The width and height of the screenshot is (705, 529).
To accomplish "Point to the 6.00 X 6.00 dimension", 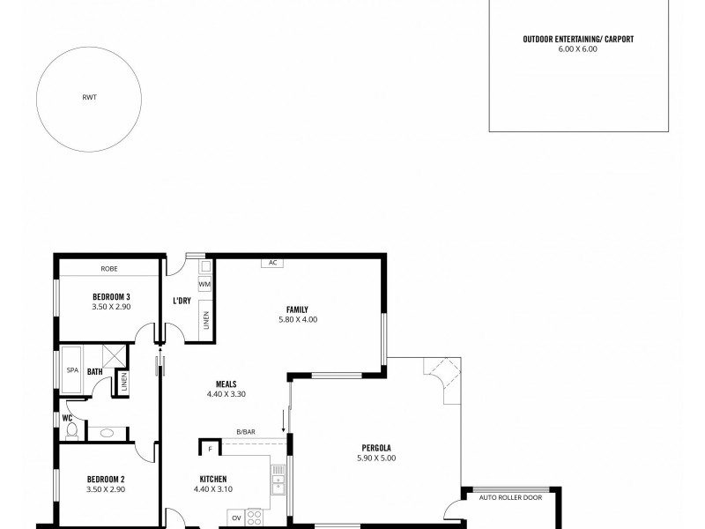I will tap(577, 49).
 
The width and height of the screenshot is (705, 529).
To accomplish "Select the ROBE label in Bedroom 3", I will tap(109, 268).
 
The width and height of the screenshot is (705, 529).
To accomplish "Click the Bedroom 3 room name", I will tap(111, 295).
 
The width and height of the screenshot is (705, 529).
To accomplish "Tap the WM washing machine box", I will tap(204, 284).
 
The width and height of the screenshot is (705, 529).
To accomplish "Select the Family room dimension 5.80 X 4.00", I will tap(297, 319).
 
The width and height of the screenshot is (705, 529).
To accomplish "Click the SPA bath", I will tap(71, 370).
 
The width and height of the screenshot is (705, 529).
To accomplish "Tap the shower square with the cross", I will tap(113, 356).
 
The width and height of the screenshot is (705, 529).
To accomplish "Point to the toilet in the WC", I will tap(71, 431).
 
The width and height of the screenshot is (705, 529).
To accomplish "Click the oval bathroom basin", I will tap(107, 433).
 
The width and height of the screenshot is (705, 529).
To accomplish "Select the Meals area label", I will tap(226, 384).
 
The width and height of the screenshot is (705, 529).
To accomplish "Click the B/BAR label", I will tap(245, 431).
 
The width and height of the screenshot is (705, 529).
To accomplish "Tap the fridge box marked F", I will tap(210, 449).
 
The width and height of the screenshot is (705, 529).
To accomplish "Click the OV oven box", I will tap(236, 518).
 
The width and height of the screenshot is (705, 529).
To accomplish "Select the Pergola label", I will tap(377, 447).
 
